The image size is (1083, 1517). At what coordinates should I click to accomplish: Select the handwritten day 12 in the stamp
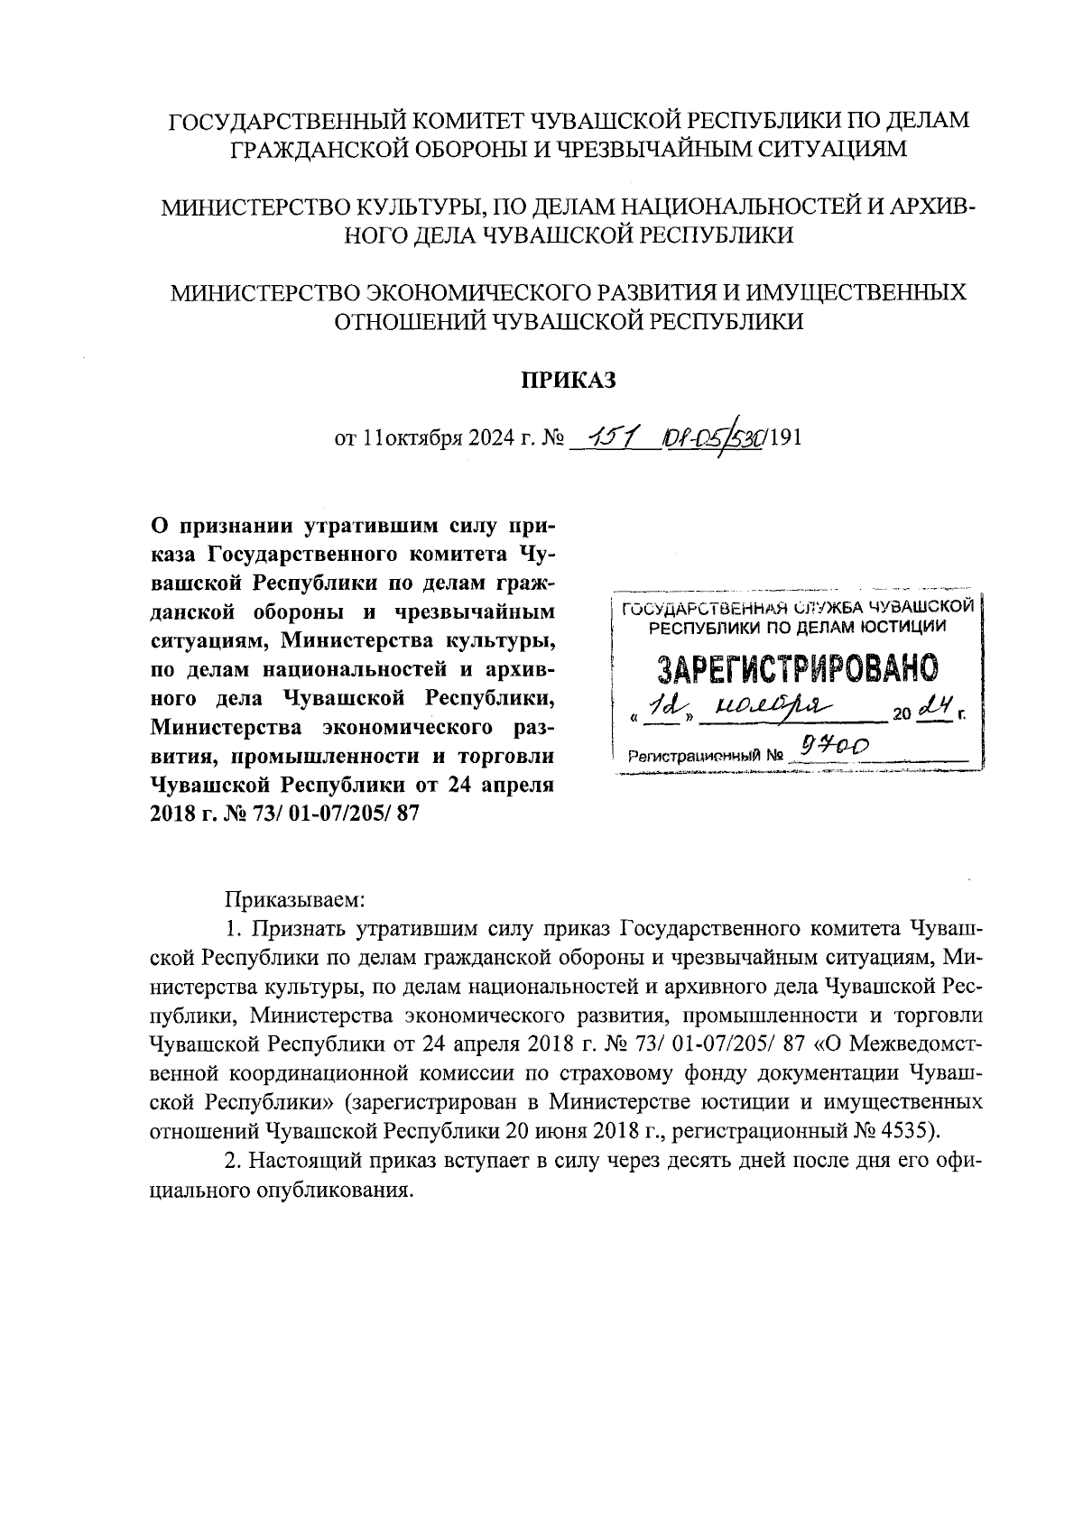point(665,710)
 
